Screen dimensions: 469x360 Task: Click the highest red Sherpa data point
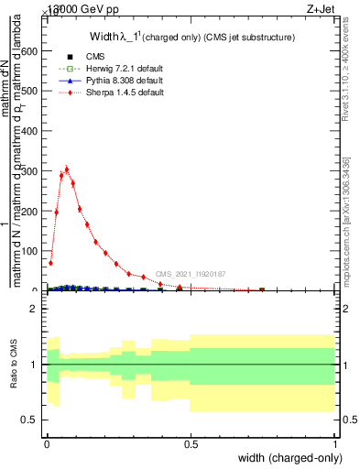click(x=67, y=169)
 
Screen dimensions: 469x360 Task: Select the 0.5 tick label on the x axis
click(x=191, y=444)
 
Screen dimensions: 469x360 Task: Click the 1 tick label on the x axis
click(x=334, y=444)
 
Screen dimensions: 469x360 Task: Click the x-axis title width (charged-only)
click(x=284, y=457)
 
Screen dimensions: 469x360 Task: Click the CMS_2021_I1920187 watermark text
click(x=190, y=274)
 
